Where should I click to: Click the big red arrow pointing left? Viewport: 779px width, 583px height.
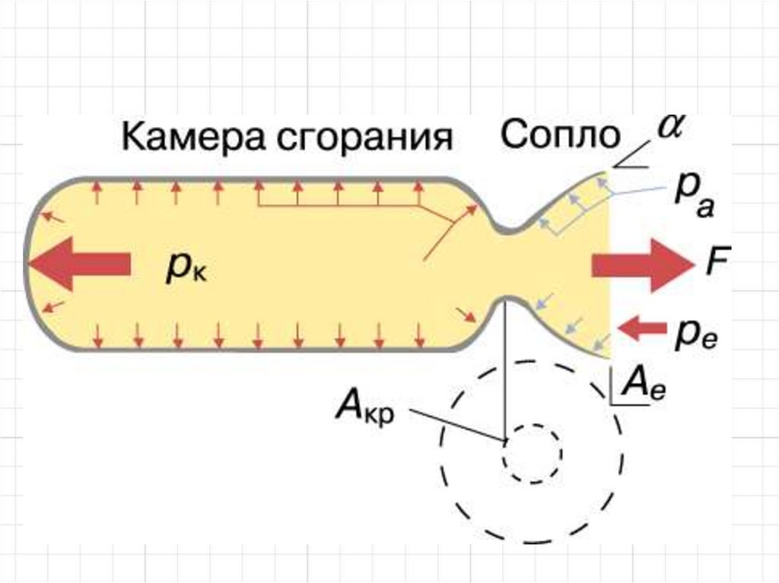click(x=80, y=264)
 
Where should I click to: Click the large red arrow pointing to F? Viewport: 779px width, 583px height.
click(x=642, y=265)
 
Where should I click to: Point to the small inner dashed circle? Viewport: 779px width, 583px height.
click(x=531, y=452)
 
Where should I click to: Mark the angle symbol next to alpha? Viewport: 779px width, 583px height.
click(x=628, y=161)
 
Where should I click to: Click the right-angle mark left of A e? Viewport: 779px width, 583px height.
click(x=612, y=391)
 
